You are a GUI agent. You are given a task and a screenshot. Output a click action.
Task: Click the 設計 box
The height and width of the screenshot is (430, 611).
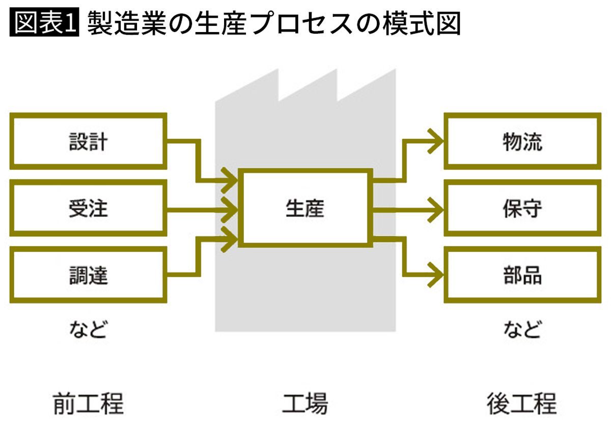tap(89, 142)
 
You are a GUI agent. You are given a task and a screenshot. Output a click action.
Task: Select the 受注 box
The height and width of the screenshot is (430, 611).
tap(89, 208)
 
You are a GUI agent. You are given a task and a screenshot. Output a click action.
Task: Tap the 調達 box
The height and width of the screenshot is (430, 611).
tap(89, 275)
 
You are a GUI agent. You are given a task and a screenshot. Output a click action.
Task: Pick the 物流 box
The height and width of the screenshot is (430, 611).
tap(522, 142)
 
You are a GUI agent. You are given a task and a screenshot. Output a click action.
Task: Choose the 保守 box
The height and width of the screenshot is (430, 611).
tap(522, 208)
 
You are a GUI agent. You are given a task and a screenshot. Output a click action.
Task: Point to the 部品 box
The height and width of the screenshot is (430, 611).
tap(522, 275)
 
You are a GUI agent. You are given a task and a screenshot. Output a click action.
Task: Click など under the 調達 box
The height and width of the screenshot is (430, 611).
tap(88, 330)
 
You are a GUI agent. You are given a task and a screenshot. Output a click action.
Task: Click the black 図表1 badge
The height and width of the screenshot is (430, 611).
tap(45, 23)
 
